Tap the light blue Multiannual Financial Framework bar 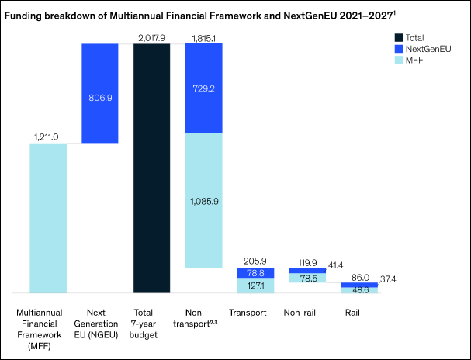pyautogui.click(x=48, y=217)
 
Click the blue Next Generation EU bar pyautogui.click(x=100, y=93)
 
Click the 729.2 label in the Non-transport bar pyautogui.click(x=204, y=89)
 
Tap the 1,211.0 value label pyautogui.click(x=48, y=137)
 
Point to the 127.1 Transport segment pyautogui.click(x=255, y=286)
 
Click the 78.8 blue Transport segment pyautogui.click(x=255, y=273)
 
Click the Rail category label pyautogui.click(x=358, y=313)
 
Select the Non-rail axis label pyautogui.click(x=306, y=313)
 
